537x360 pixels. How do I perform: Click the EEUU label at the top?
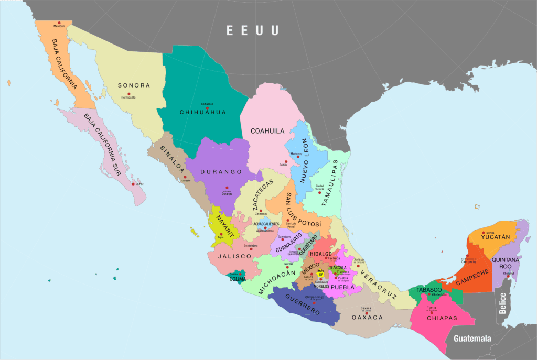pyautogui.click(x=252, y=30)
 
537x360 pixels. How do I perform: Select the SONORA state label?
pyautogui.click(x=134, y=85)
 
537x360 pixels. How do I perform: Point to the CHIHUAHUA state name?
pyautogui.click(x=202, y=112)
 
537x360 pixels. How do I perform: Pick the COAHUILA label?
pyautogui.click(x=267, y=131)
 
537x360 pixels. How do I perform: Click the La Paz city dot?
pyautogui.click(x=134, y=184)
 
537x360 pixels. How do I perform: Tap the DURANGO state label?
pyautogui.click(x=224, y=172)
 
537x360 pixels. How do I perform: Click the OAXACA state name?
pyautogui.click(x=367, y=318)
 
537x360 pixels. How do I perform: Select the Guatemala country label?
pyautogui.click(x=472, y=338)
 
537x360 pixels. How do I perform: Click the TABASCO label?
pyautogui.click(x=428, y=290)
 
